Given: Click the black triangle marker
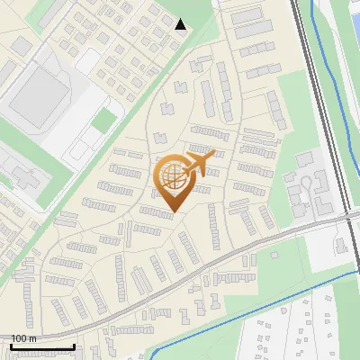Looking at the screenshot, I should point(181,25).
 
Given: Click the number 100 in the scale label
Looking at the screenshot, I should point(20,338).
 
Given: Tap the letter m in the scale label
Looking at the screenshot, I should point(34,338).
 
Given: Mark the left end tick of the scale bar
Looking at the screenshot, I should point(13,346).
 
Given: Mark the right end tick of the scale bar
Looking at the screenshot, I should point(74,346).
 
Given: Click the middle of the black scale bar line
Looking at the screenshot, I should point(43,347).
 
